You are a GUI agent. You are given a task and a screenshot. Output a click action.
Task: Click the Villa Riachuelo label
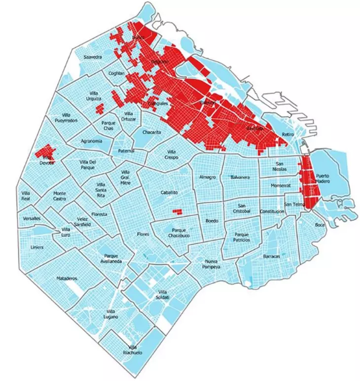pos(132,350)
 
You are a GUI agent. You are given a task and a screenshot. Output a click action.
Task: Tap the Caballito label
pos(169,193)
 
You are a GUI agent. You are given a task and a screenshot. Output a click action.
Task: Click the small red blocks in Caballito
pos(177,211)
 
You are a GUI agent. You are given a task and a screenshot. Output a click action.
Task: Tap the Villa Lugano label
pos(111,314)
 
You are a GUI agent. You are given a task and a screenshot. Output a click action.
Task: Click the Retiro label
pos(288,135)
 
